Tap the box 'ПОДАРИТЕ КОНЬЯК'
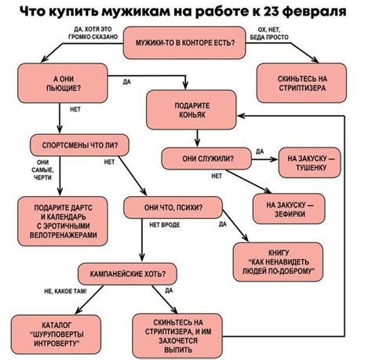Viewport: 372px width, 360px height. pos(192,110)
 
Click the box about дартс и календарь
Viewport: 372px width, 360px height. pos(60,219)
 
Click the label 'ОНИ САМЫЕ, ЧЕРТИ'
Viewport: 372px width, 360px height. pos(43,170)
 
